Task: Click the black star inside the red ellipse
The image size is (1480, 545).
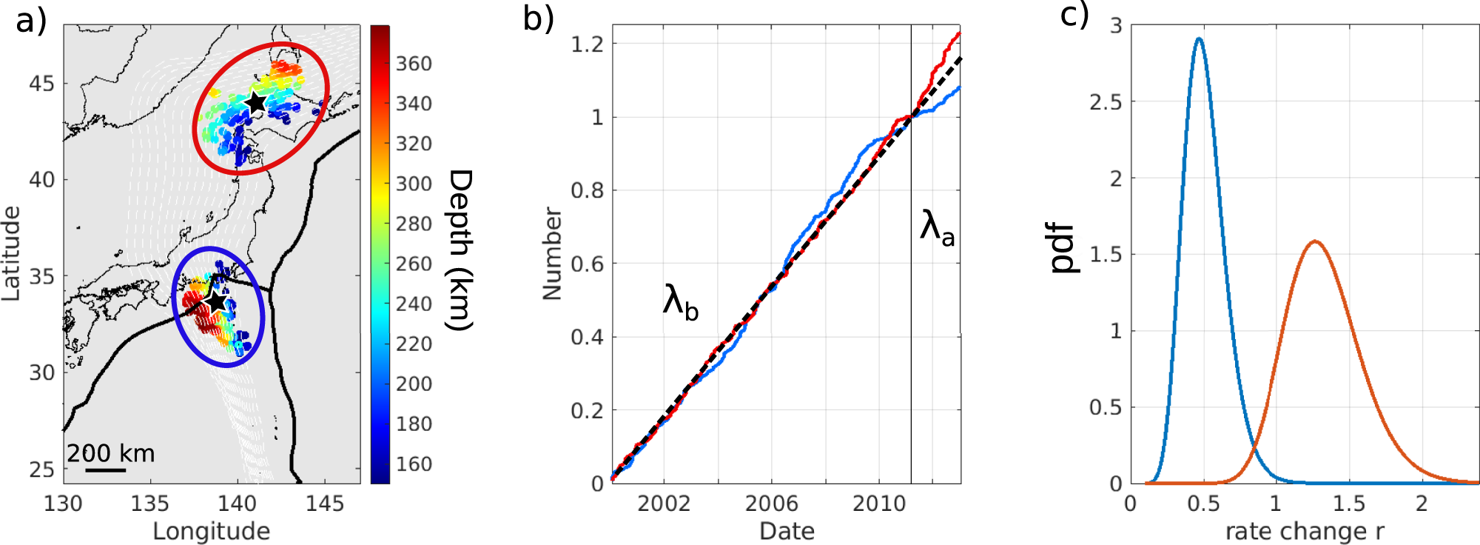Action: click(x=255, y=103)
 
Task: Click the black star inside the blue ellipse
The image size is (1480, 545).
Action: click(x=216, y=302)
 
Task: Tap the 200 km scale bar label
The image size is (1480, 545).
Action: click(x=111, y=452)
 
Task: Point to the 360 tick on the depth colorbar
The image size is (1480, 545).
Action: click(x=413, y=64)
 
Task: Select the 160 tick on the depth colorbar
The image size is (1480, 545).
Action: click(x=413, y=464)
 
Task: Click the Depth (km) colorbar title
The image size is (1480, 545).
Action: click(x=460, y=250)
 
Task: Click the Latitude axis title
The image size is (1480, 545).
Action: click(x=10, y=253)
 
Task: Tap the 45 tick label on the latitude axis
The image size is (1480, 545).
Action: click(x=42, y=84)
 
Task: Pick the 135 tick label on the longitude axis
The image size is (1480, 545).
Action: click(x=150, y=504)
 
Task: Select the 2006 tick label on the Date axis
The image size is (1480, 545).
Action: click(x=771, y=504)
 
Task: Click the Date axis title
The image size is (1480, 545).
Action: click(x=787, y=531)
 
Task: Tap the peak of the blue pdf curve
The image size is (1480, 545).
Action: click(x=1199, y=39)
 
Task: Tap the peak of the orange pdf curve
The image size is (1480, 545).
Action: click(x=1315, y=241)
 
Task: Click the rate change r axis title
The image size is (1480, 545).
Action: click(x=1305, y=531)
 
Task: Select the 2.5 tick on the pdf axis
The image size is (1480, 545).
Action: click(x=1106, y=102)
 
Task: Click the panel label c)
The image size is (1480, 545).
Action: click(x=1074, y=15)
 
